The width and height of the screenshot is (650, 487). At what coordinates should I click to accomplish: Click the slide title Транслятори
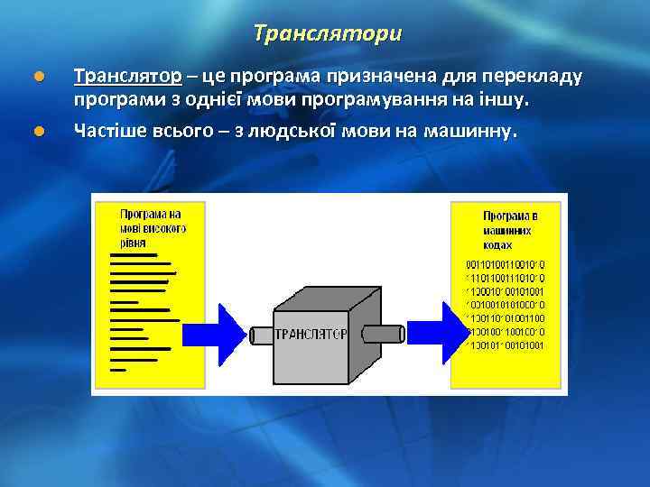328,34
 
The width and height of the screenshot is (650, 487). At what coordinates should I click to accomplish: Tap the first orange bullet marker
37,75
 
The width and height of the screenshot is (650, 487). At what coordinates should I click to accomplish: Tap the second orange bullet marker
37,133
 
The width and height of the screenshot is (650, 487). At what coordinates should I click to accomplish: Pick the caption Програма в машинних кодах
509,231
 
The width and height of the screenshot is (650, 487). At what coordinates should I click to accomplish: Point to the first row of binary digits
505,264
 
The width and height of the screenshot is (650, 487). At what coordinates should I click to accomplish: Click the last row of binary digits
505,345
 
